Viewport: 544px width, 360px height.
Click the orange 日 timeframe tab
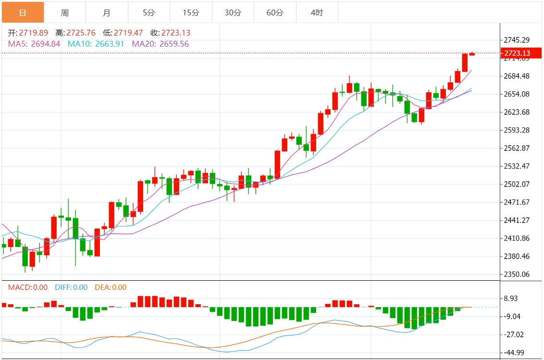pyautogui.click(x=22, y=12)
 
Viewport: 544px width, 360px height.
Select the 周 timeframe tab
pyautogui.click(x=65, y=12)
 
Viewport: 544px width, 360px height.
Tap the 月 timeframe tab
pyautogui.click(x=107, y=12)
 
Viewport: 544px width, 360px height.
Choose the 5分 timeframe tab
pyautogui.click(x=148, y=12)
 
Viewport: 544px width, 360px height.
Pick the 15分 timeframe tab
pyautogui.click(x=191, y=12)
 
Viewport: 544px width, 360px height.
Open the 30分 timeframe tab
pyautogui.click(x=233, y=12)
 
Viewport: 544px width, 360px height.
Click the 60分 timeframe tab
pyautogui.click(x=275, y=12)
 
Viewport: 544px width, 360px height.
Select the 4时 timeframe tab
pyautogui.click(x=317, y=12)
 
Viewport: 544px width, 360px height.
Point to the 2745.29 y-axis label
pyautogui.click(x=517, y=39)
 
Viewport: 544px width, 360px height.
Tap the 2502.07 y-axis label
pyautogui.click(x=517, y=184)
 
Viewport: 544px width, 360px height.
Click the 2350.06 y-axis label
pyautogui.click(x=517, y=274)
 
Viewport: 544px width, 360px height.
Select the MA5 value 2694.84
pyautogui.click(x=46, y=44)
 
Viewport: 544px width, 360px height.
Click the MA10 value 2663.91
pyautogui.click(x=110, y=44)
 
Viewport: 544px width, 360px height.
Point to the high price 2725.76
pyautogui.click(x=81, y=33)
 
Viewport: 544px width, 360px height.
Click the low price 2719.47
pyautogui.click(x=128, y=33)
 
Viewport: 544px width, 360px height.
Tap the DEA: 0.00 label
pyautogui.click(x=110, y=287)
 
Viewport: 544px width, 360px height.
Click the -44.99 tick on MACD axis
pyautogui.click(x=514, y=353)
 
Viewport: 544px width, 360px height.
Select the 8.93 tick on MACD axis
pyautogui.click(x=511, y=298)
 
